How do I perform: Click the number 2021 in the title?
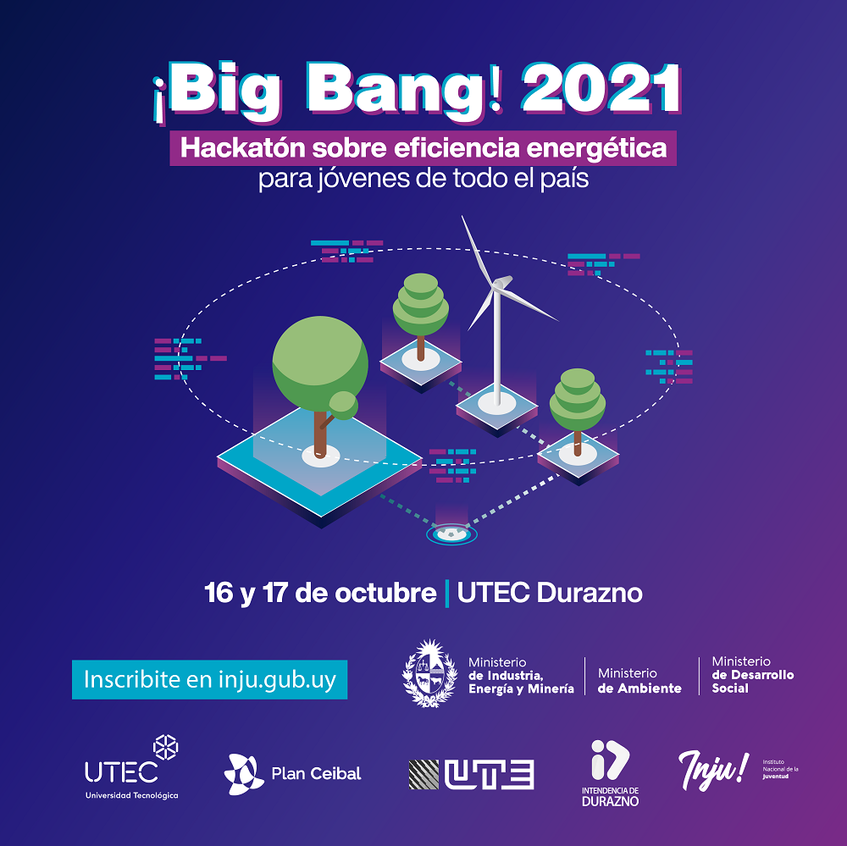tap(601, 89)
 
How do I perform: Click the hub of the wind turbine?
tap(499, 284)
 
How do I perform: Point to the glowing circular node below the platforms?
tap(451, 534)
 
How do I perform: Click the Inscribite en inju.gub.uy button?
tap(209, 680)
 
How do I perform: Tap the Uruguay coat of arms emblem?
tap(430, 673)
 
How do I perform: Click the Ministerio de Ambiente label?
tap(639, 681)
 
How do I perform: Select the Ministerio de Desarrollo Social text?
tap(752, 674)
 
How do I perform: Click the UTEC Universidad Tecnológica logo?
tap(132, 767)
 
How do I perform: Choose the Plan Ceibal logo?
tap(292, 774)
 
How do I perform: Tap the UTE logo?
tap(471, 774)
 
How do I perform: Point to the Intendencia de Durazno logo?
tap(610, 773)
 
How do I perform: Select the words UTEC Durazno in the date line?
tap(550, 593)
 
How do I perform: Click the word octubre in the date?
tap(385, 593)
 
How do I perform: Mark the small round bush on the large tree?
tap(344, 405)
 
